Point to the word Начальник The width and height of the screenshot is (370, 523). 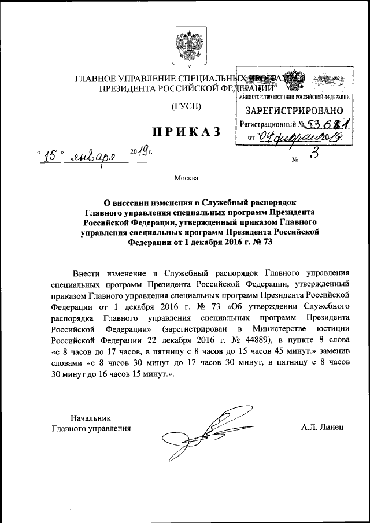point(90,417)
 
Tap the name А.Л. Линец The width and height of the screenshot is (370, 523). point(322,428)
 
